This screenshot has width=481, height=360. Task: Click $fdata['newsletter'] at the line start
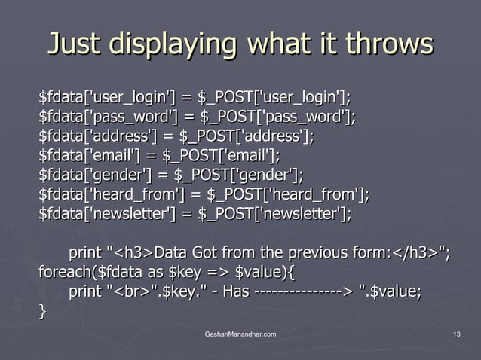pyautogui.click(x=106, y=215)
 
